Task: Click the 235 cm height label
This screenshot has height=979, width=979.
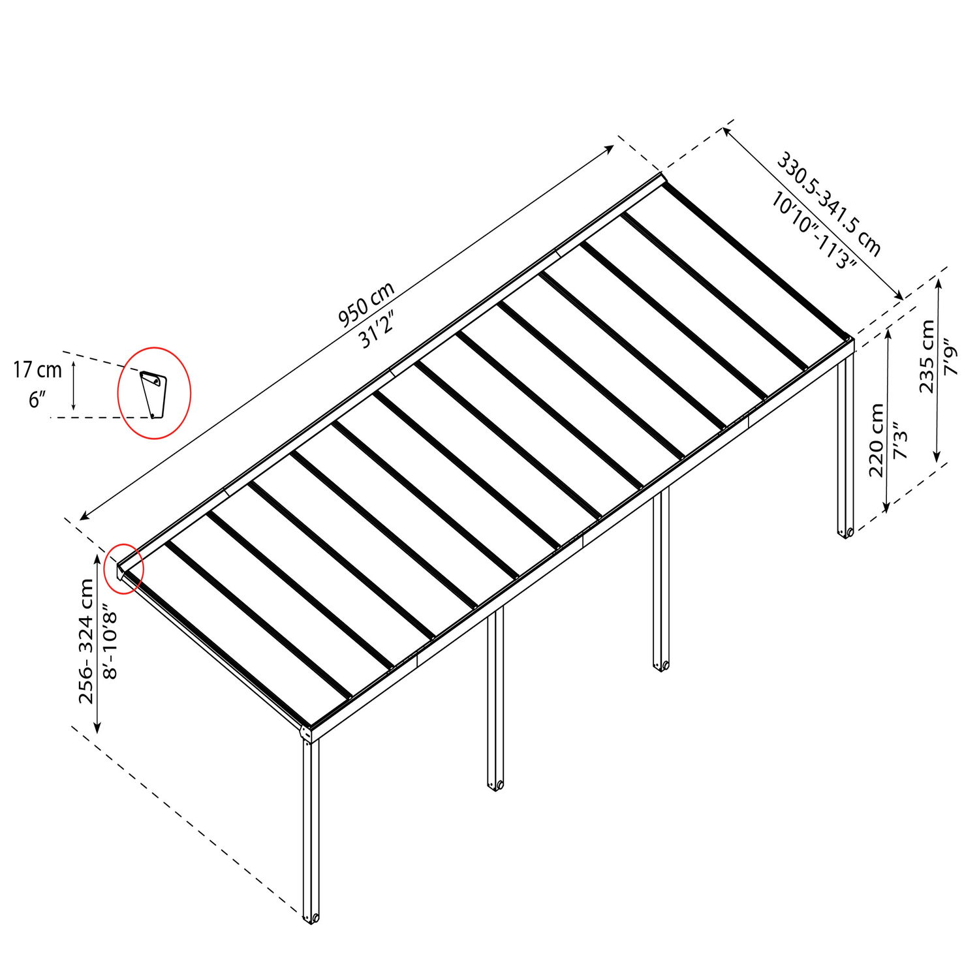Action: (927, 356)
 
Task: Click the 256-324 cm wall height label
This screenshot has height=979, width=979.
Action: (86, 641)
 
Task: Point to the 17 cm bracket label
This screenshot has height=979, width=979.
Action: (38, 370)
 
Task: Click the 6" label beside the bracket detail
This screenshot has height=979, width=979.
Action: (35, 399)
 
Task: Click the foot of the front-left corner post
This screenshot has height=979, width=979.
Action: (311, 918)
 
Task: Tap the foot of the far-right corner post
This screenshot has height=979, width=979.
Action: (846, 533)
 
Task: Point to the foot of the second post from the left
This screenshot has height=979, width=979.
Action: (496, 784)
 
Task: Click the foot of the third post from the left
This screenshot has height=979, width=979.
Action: (662, 665)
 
